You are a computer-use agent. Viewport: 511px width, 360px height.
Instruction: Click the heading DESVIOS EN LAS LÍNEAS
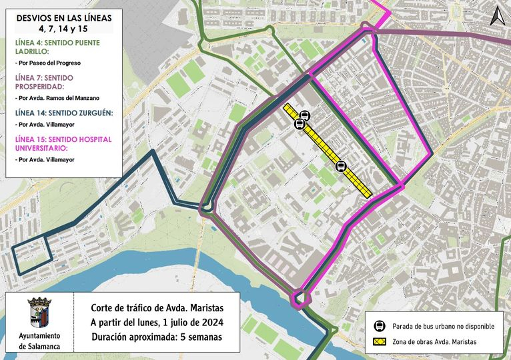pos(63,17)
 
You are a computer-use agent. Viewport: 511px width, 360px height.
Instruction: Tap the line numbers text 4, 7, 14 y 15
pos(63,29)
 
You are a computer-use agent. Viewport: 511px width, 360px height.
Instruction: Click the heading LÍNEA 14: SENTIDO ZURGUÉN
pos(63,113)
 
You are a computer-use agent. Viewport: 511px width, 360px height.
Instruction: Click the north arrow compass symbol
pos(497,15)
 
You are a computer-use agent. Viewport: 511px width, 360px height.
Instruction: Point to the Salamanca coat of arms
pos(38,311)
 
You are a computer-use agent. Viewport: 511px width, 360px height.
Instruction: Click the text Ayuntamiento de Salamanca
pos(38,341)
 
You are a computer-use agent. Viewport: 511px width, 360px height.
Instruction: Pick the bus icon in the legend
pos(380,326)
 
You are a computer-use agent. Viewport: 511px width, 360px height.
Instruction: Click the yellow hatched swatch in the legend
pos(380,342)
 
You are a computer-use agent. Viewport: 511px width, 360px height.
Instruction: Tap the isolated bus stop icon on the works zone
pos(342,166)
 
